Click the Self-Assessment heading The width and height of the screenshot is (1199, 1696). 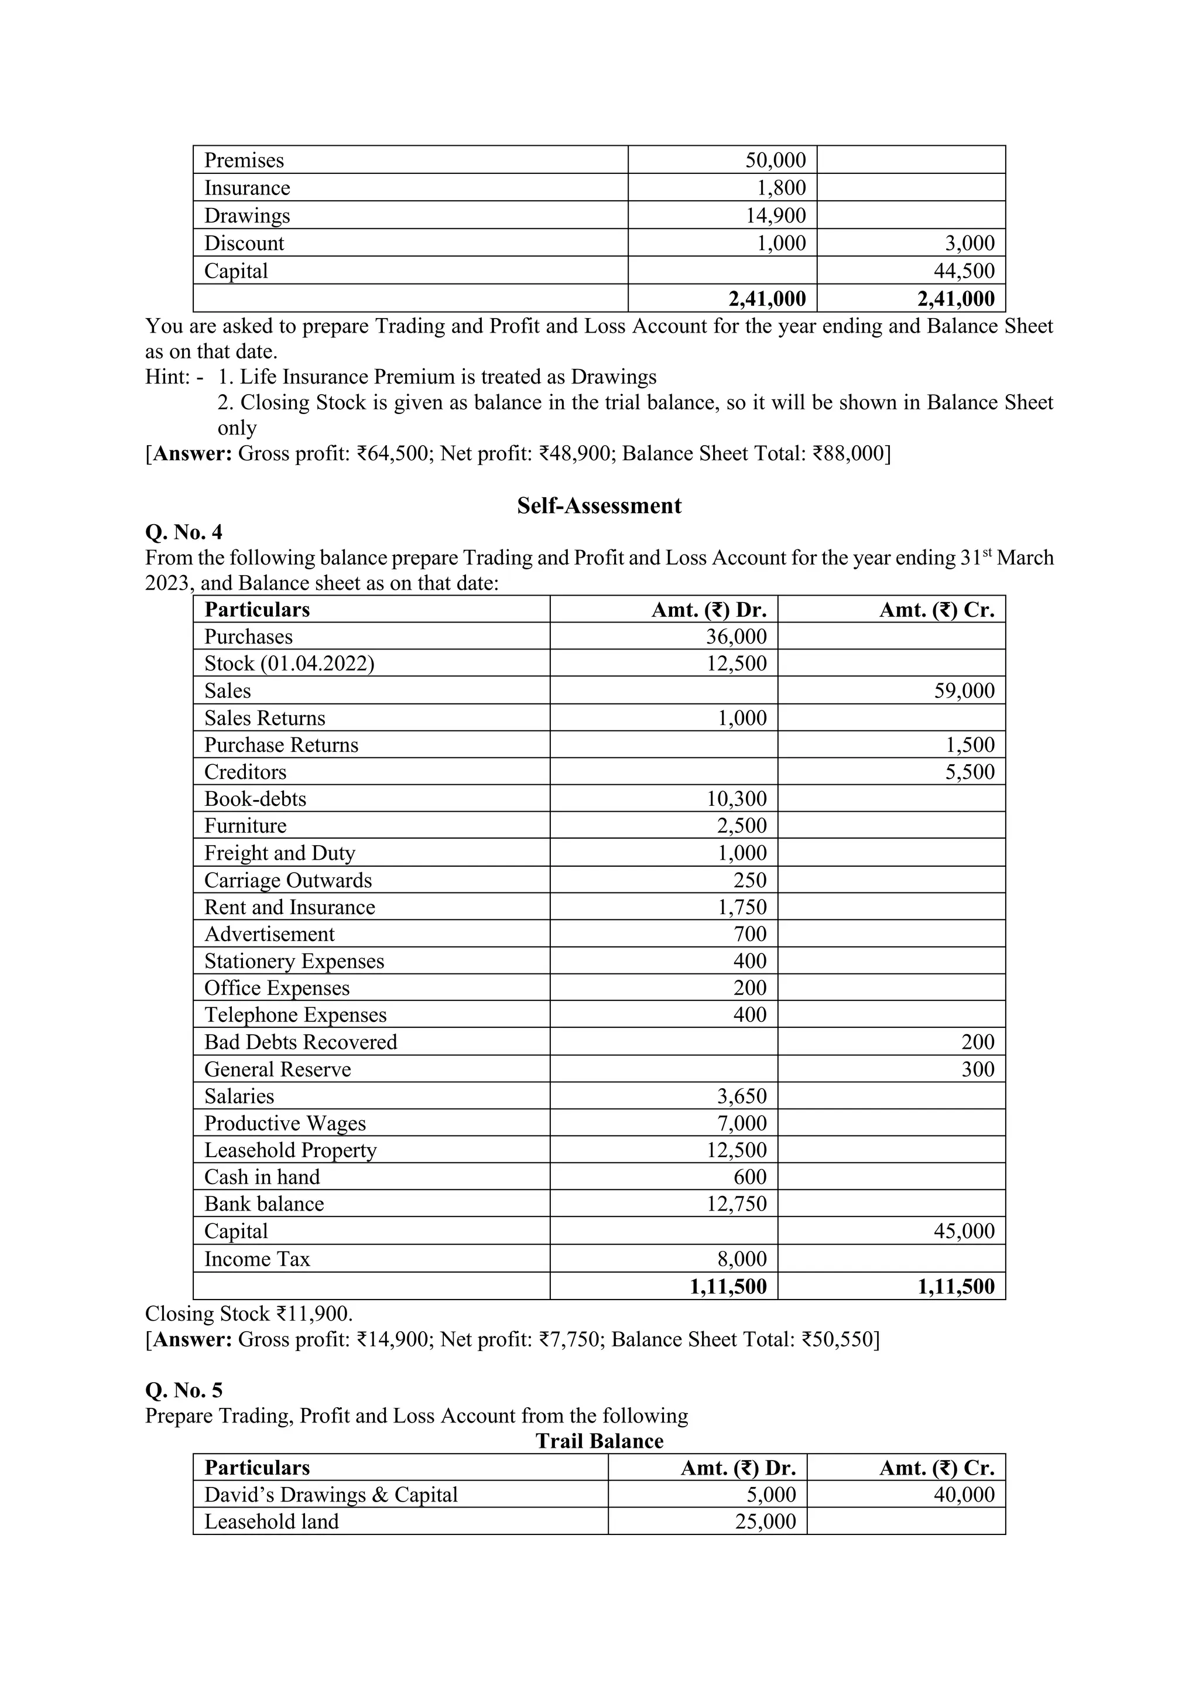tap(599, 506)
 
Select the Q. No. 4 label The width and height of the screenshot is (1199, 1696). tap(184, 532)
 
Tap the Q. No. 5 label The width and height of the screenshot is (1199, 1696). tap(184, 1390)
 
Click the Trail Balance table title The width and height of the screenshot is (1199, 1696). tap(599, 1441)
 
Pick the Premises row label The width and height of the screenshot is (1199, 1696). tap(244, 160)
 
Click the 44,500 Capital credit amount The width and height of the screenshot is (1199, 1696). tap(964, 271)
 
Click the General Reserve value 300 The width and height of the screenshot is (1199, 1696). tap(978, 1069)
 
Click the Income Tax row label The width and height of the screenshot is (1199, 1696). tap(257, 1259)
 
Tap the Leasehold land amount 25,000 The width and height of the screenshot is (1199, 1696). tap(766, 1521)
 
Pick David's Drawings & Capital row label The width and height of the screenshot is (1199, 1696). tap(331, 1495)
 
